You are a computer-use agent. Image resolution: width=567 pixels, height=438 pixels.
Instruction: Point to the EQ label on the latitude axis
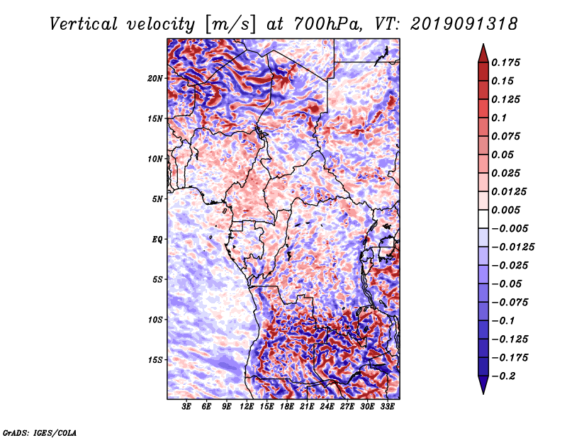click(157, 239)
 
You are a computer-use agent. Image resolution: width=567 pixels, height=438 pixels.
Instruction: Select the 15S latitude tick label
click(156, 359)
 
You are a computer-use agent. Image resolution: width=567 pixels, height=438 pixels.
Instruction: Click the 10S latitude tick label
click(156, 320)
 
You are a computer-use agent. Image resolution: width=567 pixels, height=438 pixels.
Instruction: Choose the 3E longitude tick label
click(187, 408)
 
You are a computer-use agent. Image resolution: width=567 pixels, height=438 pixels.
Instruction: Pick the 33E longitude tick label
click(387, 408)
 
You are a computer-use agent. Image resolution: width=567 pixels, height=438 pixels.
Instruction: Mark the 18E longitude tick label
click(287, 408)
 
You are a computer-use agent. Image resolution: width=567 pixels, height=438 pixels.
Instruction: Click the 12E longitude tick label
click(247, 408)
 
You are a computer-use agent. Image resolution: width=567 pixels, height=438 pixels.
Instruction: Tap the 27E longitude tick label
click(347, 408)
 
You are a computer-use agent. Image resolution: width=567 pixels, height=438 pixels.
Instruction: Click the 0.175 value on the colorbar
click(508, 62)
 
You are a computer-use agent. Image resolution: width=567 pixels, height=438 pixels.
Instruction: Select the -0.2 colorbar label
click(505, 376)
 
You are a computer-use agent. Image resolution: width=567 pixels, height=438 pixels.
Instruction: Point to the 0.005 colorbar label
click(508, 210)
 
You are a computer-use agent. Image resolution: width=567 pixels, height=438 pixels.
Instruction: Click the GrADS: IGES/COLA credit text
click(39, 432)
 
